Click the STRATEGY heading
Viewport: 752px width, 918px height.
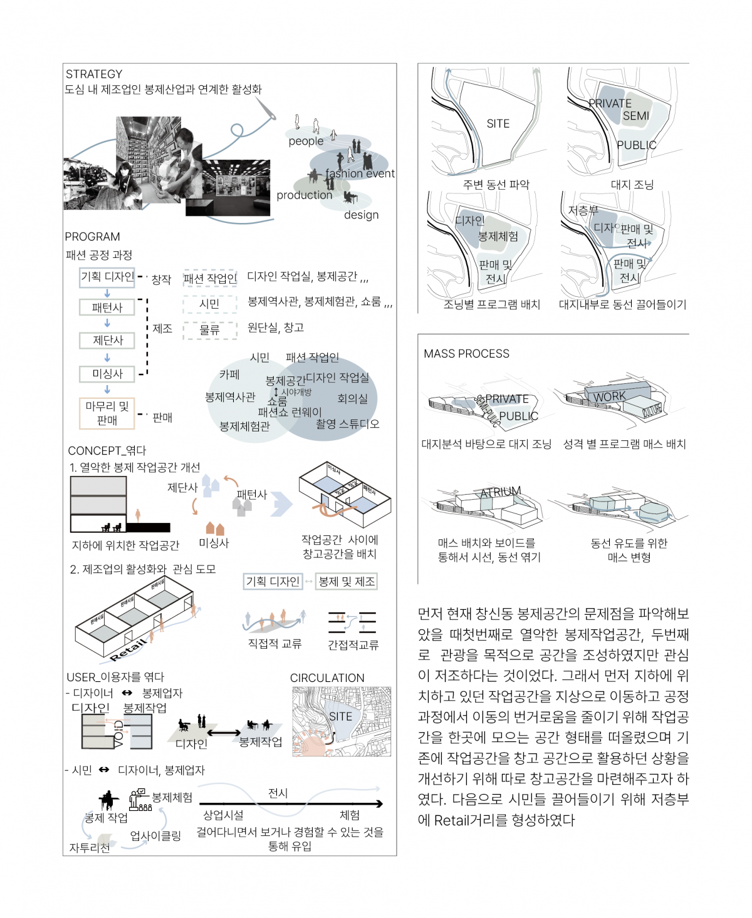pos(94,74)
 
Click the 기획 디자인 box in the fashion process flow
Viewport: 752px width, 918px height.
pos(107,277)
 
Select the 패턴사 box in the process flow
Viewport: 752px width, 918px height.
pos(107,307)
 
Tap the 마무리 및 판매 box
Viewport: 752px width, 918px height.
pos(107,413)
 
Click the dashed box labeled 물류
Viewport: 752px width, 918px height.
pos(210,330)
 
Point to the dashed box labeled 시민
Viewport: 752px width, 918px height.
pos(210,304)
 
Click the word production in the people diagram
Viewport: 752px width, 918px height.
pos(305,195)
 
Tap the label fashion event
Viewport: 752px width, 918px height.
pos(360,173)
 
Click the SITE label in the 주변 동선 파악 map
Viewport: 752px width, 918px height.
pos(498,124)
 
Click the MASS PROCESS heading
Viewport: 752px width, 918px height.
pos(466,354)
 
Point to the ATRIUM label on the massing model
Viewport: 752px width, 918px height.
pos(501,492)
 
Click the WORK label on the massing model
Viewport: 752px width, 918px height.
pos(609,396)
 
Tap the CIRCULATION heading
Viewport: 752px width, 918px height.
pos(327,678)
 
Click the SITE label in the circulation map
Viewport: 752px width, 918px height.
pos(340,716)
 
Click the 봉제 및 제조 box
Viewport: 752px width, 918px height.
pos(347,582)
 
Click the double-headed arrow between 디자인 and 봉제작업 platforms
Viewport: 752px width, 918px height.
pos(224,733)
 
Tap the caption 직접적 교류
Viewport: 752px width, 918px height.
pos(274,644)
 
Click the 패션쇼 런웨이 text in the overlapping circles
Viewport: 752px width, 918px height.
pos(290,412)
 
